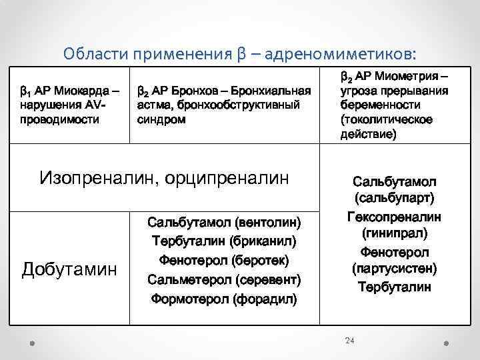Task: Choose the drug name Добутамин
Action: [x=69, y=269]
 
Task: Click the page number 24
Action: [x=349, y=341]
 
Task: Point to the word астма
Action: [x=153, y=105]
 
